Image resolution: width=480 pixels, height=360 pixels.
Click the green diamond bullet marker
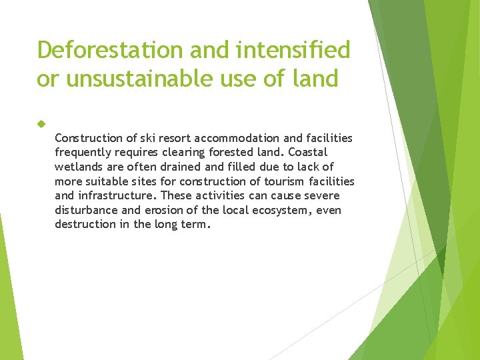41,124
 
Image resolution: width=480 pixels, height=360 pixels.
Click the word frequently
83,152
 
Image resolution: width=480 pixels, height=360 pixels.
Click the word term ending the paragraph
197,225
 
